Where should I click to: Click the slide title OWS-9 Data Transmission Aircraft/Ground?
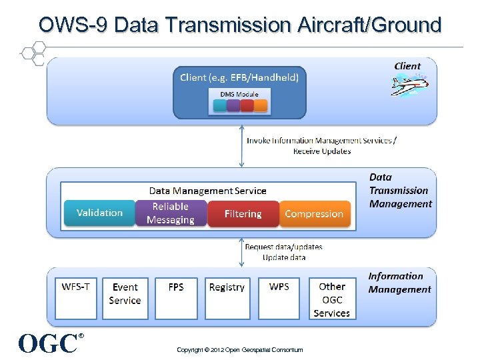240,25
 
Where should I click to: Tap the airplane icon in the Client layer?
409,85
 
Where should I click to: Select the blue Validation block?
99,213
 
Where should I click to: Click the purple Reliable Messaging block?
171,213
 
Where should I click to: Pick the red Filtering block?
243,214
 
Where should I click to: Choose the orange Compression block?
314,214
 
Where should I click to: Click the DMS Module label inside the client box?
239,94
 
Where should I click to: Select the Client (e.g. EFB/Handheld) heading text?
239,77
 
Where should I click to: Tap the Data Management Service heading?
207,191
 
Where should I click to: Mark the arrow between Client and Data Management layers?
242,146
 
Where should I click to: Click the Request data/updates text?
283,247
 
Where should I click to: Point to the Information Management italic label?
399,283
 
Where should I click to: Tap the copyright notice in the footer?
240,350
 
